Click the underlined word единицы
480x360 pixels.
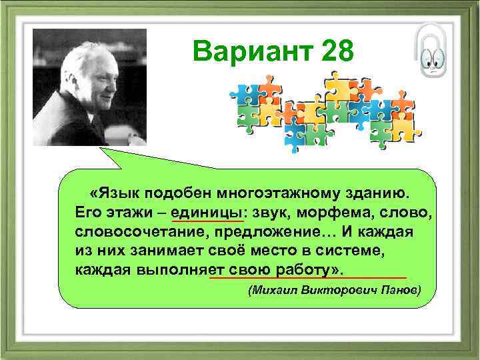pyautogui.click(x=207, y=212)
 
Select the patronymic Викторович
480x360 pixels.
pyautogui.click(x=335, y=291)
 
